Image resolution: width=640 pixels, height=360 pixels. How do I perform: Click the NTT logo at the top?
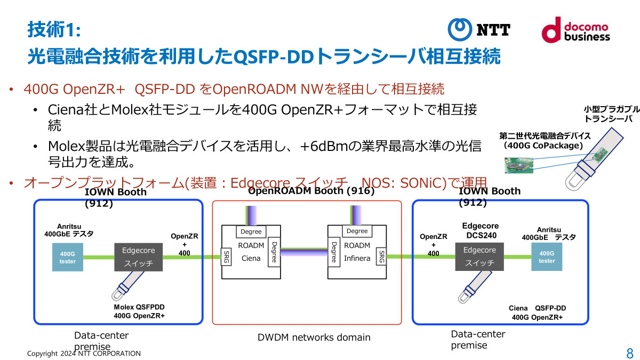(478, 29)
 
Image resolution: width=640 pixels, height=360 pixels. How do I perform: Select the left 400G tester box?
(68, 258)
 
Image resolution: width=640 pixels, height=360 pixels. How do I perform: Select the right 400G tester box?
(547, 257)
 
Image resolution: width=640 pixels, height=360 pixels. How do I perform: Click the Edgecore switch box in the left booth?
(139, 257)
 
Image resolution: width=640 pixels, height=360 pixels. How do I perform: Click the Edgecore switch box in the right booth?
(479, 257)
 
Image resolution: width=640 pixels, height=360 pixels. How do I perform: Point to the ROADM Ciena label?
(251, 252)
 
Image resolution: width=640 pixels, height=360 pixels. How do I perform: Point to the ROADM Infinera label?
(357, 252)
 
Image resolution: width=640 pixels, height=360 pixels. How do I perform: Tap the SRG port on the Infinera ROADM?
(381, 256)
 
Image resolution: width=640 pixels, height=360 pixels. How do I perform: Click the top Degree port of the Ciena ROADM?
(251, 231)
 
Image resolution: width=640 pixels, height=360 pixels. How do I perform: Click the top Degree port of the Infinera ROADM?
(357, 231)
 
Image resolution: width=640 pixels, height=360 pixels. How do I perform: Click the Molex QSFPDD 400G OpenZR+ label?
(139, 311)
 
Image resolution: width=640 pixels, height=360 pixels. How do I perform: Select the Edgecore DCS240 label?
(479, 230)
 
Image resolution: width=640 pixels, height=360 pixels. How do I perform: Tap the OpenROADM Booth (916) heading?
(311, 191)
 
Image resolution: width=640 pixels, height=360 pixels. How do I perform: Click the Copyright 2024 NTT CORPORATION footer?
(84, 353)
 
